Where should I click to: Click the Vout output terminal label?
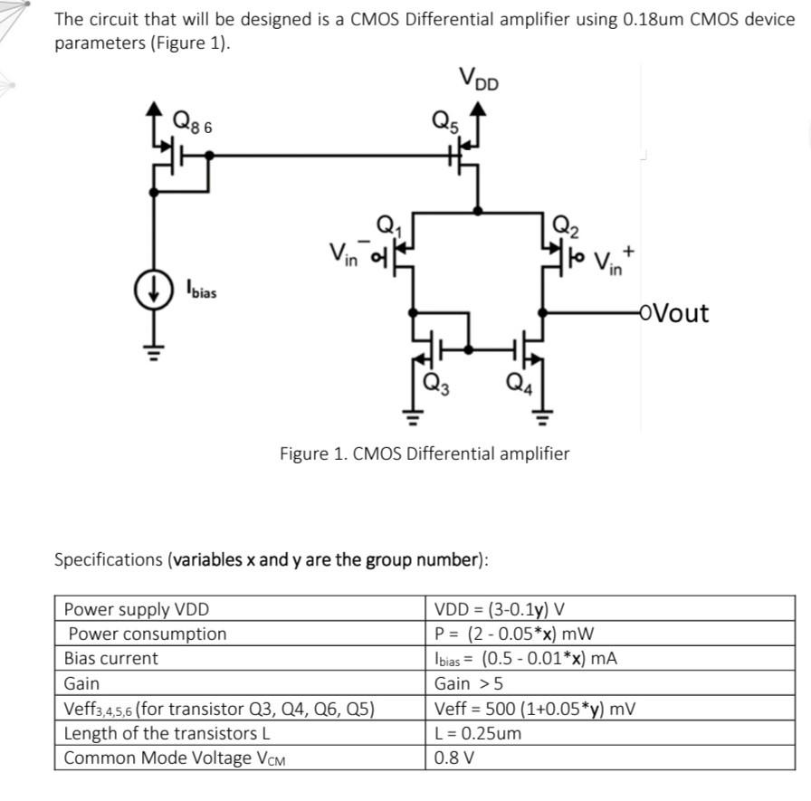(673, 313)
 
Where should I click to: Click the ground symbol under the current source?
(151, 356)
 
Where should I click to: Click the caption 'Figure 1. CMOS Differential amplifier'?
(425, 453)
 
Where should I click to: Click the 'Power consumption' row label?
(147, 634)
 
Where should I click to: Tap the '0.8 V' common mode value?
(454, 758)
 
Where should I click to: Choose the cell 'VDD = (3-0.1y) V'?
(500, 609)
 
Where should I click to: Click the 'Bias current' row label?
(111, 658)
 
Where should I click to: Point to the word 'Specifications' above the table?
(110, 558)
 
